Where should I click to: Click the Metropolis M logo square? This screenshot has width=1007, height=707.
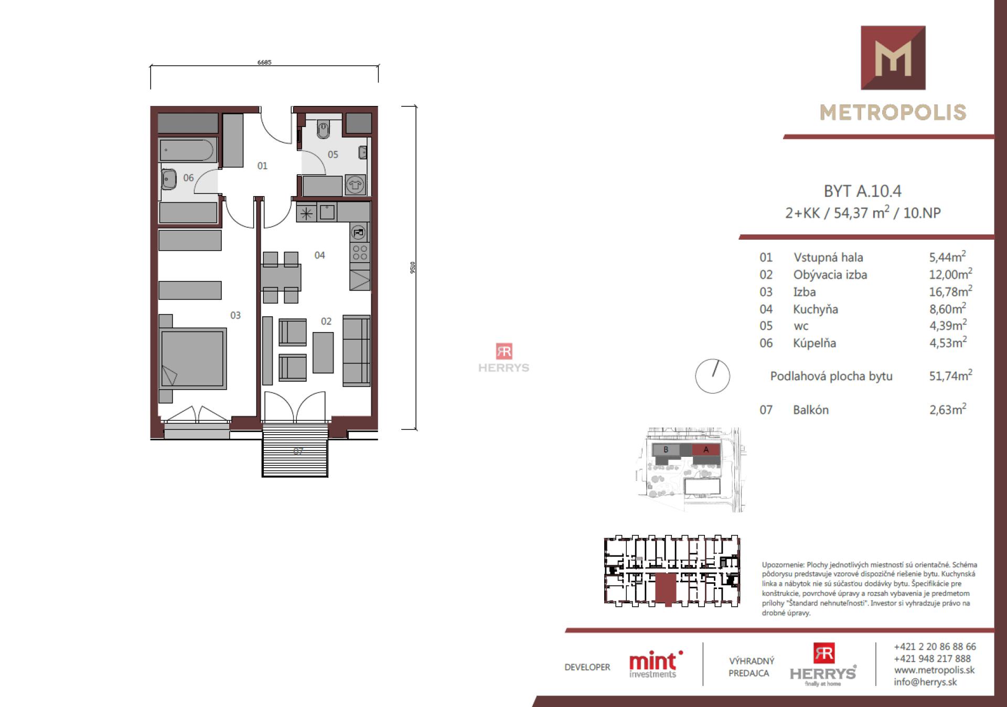point(893,58)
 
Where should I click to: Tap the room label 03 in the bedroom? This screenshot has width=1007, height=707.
point(235,315)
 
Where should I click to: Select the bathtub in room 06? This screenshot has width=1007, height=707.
point(187,151)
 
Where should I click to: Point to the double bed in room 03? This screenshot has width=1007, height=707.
point(193,359)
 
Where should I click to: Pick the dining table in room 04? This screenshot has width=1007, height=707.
point(281,277)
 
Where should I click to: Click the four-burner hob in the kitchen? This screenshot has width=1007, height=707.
point(360,252)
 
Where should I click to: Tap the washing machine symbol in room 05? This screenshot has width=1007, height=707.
point(355,185)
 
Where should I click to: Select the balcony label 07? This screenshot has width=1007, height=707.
point(298,451)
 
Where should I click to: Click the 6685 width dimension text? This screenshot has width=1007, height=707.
point(264,62)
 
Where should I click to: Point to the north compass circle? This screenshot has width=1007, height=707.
point(712,376)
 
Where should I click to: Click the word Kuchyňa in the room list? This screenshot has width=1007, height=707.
point(815,309)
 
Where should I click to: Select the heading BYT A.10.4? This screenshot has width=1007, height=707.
point(862,191)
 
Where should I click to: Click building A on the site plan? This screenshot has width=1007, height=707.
point(706,449)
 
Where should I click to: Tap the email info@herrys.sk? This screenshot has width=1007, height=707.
point(925,682)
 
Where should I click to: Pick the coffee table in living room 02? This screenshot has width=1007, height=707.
point(323,352)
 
